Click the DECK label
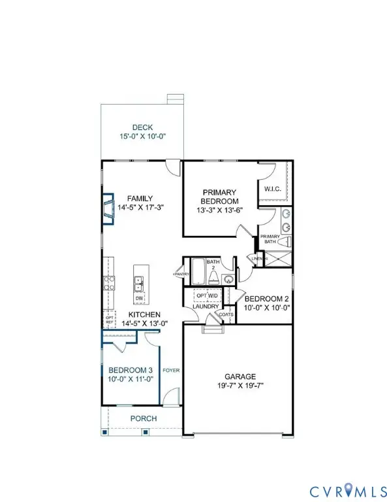coord(142,127)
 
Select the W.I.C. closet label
coord(272,190)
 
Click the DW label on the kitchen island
coord(140,299)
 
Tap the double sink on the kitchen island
coord(140,282)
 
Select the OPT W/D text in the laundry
coord(207,295)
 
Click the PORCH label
coord(142,418)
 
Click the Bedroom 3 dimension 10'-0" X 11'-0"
coord(131,378)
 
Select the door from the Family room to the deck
coord(172,167)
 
